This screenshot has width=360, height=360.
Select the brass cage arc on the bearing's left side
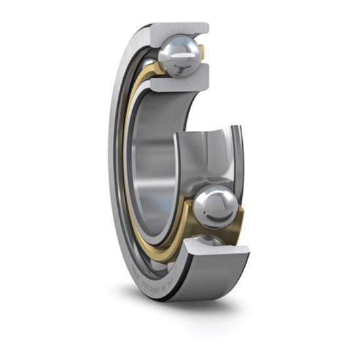pos(128,164)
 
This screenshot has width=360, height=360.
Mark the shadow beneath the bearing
pos(196,308)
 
